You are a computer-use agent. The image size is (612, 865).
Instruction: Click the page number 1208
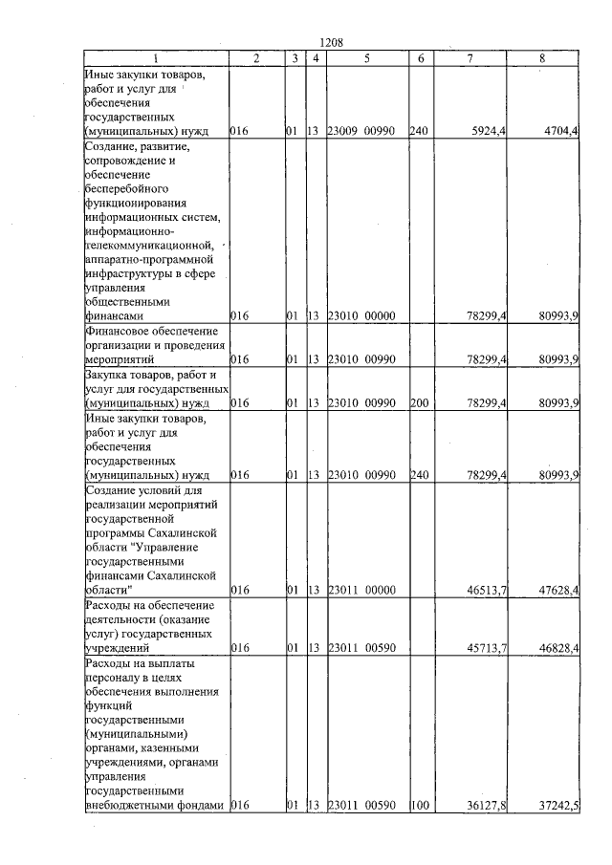coord(329,42)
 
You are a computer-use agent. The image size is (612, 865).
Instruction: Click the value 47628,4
coord(558,591)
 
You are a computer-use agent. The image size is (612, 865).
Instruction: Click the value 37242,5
coord(558,806)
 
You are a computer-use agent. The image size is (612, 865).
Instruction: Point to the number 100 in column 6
coord(418,806)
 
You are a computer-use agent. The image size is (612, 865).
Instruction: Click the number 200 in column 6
coord(418,403)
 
